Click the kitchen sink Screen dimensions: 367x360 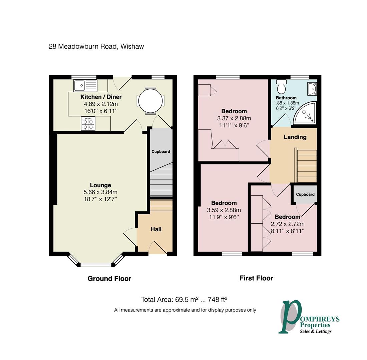coord(85,86)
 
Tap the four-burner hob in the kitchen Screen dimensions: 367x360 coord(88,124)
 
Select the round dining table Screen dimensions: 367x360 coord(150,101)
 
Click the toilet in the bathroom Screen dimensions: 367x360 coord(281,87)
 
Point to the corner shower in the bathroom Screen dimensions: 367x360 coord(305,113)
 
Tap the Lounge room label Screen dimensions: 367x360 coord(100,185)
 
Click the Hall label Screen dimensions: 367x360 coord(156,229)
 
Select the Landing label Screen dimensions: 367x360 coord(295,137)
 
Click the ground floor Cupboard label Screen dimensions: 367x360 coord(161,152)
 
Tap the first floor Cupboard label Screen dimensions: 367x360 coord(305,194)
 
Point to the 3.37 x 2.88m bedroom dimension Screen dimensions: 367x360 coord(234,118)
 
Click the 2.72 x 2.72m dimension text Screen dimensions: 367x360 coord(288,224)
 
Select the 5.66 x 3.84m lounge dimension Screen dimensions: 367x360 coord(100,192)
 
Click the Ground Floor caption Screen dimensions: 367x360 coord(109,279)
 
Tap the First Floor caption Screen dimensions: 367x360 coord(256,278)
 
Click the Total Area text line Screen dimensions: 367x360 coord(184,299)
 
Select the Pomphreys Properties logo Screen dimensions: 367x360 coord(309,317)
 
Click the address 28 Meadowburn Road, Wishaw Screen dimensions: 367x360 coord(96,47)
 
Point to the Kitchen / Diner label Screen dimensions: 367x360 coord(101,97)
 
